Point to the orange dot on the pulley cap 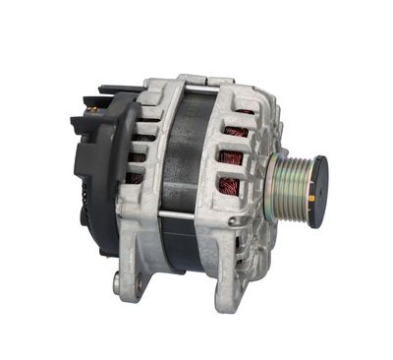pyautogui.click(x=313, y=199)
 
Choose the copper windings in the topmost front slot pyautogui.click(x=236, y=128)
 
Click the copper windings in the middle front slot pyautogui.click(x=233, y=156)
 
